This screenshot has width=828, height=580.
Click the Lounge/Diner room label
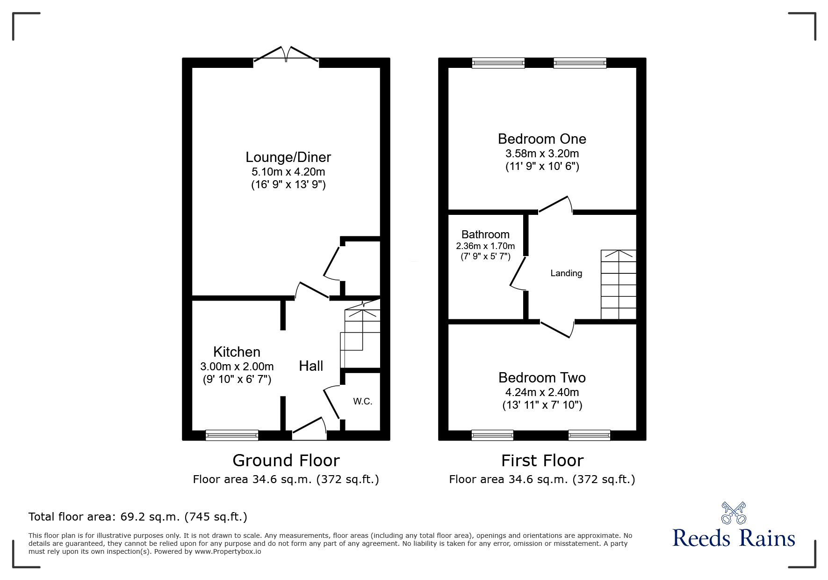click(x=288, y=157)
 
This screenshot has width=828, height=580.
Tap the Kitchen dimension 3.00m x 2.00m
click(x=237, y=367)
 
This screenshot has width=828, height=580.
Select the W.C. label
click(x=363, y=401)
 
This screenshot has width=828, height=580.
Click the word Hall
click(x=311, y=366)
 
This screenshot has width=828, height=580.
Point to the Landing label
click(x=566, y=273)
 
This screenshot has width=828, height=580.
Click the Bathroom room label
click(x=485, y=235)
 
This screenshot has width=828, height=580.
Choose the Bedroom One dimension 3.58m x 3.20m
click(x=542, y=154)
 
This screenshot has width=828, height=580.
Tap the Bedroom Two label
click(x=542, y=377)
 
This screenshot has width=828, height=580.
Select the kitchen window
click(x=232, y=435)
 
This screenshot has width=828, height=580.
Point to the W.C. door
click(x=332, y=402)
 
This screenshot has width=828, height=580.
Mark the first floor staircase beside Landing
click(x=618, y=285)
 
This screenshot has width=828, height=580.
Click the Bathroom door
click(x=518, y=273)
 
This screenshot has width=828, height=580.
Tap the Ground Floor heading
click(x=286, y=461)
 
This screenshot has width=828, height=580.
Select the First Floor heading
click(x=542, y=461)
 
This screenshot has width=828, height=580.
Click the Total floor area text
click(x=138, y=517)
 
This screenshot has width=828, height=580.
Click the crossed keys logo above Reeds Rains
click(x=734, y=513)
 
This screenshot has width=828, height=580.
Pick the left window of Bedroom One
click(x=498, y=63)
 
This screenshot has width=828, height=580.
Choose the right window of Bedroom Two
click(x=589, y=435)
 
